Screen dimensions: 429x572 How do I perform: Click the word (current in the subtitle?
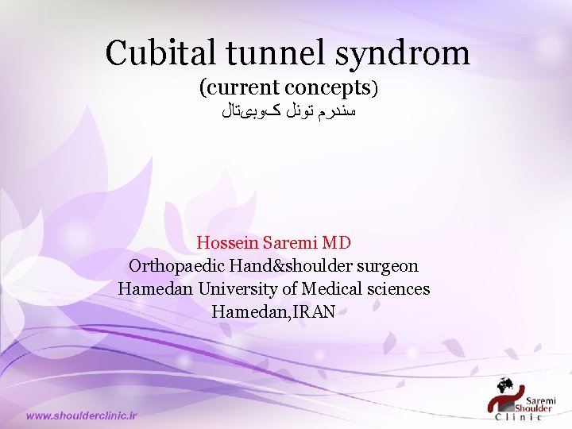(240, 87)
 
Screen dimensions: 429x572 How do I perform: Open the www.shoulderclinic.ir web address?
(82, 415)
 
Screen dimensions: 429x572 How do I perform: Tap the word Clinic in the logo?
(519, 416)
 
